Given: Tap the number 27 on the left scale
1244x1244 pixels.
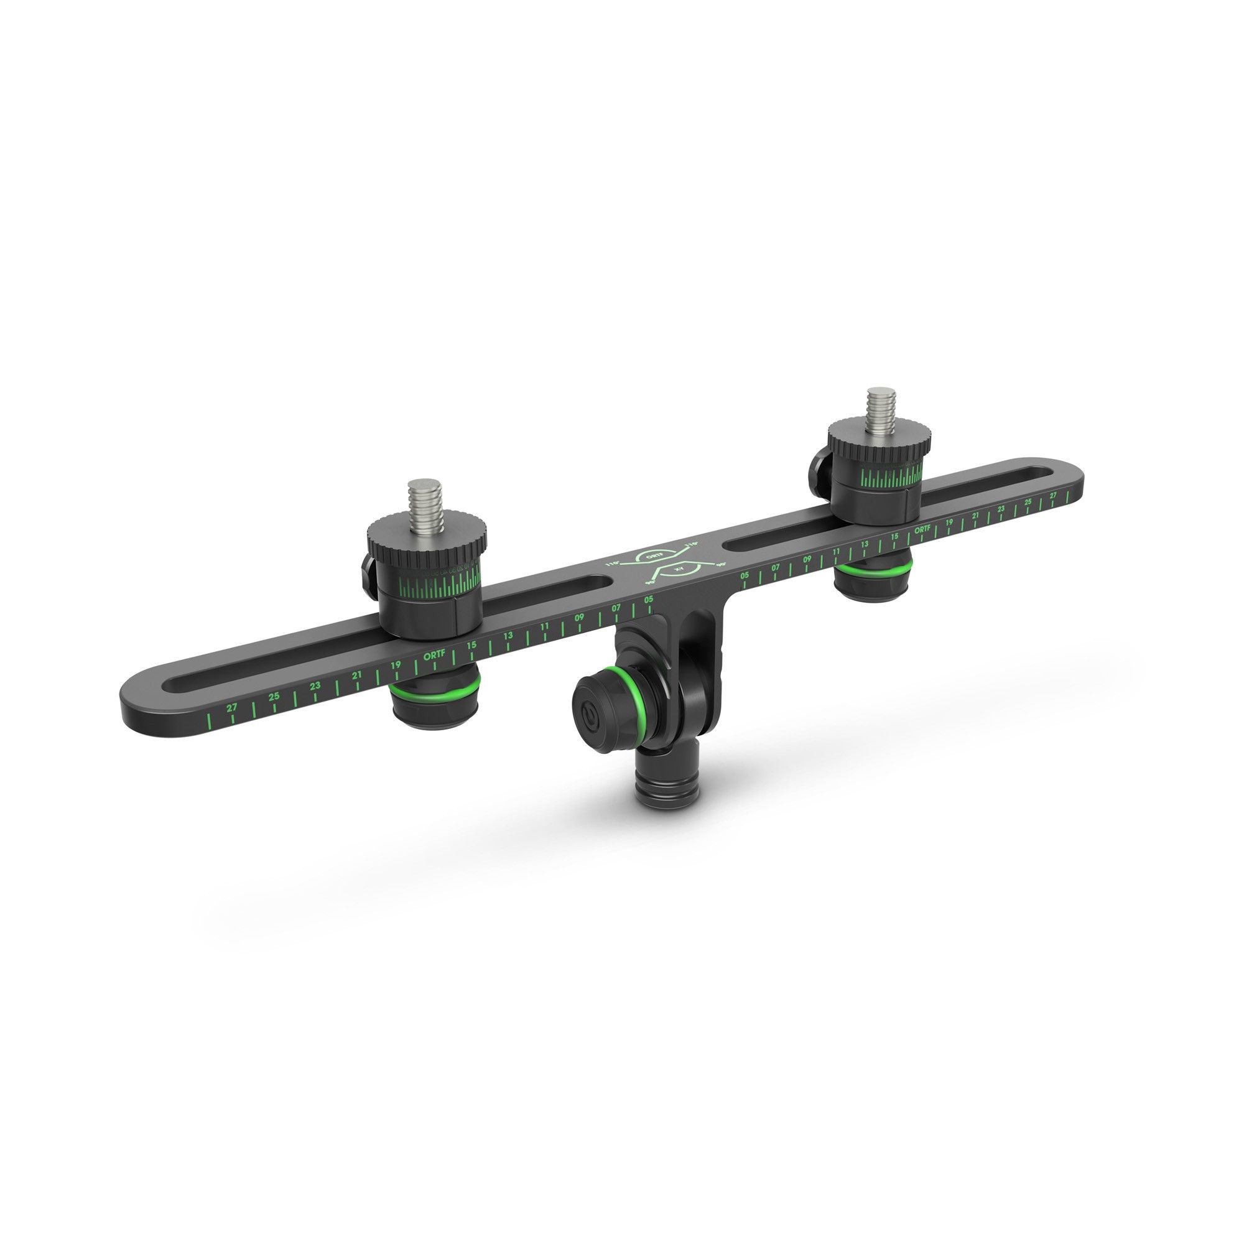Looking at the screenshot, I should click(x=232, y=707).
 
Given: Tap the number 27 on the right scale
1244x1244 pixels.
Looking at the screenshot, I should click(x=1054, y=495).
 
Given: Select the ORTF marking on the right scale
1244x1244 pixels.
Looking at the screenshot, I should click(x=922, y=529).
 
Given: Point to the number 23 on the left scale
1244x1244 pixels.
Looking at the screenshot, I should click(x=315, y=685).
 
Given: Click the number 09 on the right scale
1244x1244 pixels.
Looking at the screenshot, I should click(x=807, y=559).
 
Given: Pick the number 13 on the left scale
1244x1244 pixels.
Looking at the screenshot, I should click(x=509, y=636).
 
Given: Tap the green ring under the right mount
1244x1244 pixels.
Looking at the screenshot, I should click(x=873, y=570).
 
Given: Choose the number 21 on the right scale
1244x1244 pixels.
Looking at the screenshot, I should click(x=975, y=516).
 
